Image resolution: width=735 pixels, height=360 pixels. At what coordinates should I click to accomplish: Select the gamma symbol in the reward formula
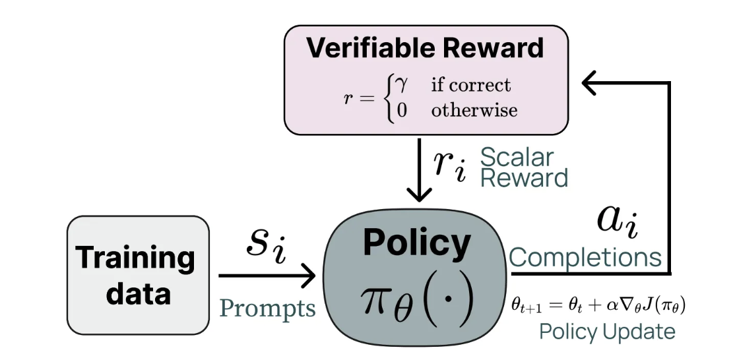[x=399, y=84]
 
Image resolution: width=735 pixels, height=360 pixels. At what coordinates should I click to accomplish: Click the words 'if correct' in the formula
[x=470, y=85]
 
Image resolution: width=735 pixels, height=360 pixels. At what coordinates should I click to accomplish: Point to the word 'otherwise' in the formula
[x=474, y=110]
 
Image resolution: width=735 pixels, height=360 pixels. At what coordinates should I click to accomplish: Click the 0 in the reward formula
[x=399, y=110]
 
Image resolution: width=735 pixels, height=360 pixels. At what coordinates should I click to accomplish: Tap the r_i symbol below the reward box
[x=449, y=164]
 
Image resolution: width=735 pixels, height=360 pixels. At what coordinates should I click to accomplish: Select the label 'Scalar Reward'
[x=523, y=167]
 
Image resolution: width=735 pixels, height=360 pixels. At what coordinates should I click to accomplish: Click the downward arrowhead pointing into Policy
[x=416, y=195]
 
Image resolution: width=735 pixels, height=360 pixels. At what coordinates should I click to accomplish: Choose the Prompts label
[x=267, y=308]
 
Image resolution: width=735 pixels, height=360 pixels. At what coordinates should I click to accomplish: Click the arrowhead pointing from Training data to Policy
[x=307, y=276]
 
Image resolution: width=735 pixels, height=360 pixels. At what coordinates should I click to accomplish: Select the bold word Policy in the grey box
[x=416, y=243]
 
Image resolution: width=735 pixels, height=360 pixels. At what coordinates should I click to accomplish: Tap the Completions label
[x=585, y=256]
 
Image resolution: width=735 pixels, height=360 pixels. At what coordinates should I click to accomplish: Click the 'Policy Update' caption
[x=607, y=332]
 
